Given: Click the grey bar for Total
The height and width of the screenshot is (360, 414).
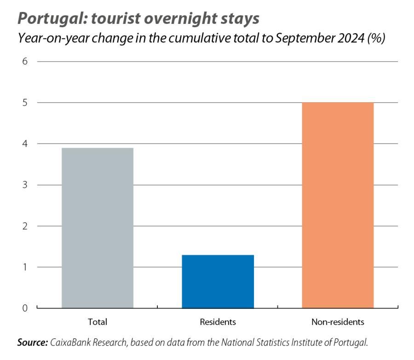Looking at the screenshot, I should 97,228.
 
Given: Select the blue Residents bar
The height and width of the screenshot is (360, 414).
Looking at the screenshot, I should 218,281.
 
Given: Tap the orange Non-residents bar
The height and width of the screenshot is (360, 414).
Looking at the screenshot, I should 338,205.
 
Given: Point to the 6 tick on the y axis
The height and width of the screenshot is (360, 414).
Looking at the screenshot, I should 25,62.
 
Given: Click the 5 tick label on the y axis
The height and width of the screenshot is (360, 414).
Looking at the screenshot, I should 25,103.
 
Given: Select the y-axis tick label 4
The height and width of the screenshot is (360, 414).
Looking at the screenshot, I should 25,144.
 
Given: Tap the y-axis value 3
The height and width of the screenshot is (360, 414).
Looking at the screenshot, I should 25,185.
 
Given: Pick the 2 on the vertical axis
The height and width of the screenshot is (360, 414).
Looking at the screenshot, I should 25,226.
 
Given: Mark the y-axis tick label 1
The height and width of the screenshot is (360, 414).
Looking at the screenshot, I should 25,267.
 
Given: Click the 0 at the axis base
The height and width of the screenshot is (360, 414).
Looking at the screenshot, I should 25,308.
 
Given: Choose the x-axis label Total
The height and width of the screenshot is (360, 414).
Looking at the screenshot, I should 97,322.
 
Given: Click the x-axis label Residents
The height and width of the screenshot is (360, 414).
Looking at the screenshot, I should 218,322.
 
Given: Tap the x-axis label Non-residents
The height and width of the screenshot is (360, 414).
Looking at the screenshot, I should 338,322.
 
